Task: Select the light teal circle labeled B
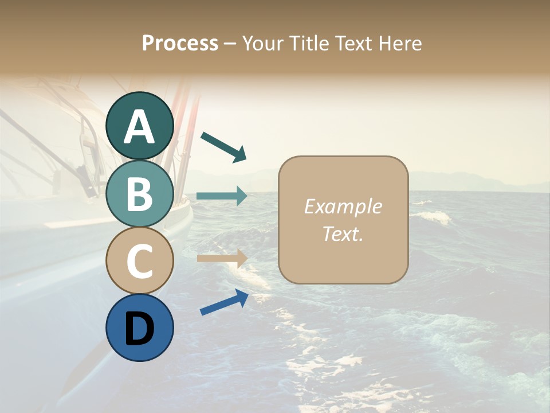point(140,193)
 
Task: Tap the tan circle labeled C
point(140,261)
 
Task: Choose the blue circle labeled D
point(140,328)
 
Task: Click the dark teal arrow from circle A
point(223,147)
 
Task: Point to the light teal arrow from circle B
point(222,196)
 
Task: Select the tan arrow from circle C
point(222,258)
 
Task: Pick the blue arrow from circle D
point(224,302)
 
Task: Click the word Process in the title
point(180,43)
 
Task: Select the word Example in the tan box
point(343,206)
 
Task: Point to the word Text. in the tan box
point(343,234)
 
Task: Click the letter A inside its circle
point(140,127)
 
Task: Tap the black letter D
point(140,329)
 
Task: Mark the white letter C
point(140,262)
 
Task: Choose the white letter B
point(140,194)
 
